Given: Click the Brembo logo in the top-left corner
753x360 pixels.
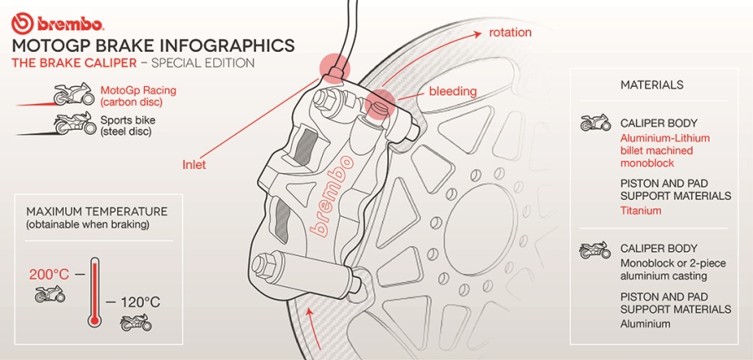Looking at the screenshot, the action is (58, 23).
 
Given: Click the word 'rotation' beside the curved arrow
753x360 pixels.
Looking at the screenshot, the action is (510, 32).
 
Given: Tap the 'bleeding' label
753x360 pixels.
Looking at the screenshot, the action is (453, 91).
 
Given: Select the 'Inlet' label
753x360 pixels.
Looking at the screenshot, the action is (194, 164).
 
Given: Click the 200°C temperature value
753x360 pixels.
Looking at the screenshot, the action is (49, 275).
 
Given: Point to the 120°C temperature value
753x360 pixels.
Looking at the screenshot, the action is (140, 302).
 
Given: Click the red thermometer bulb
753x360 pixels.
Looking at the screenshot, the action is (94, 320).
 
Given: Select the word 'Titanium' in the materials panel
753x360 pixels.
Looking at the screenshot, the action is (641, 210).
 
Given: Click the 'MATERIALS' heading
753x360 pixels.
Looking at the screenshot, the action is (652, 85).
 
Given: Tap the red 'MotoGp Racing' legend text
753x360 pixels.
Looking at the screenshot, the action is (138, 90).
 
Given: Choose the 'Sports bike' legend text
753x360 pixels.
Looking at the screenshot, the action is (128, 120).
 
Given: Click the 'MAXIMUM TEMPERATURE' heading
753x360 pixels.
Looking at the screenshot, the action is (97, 212).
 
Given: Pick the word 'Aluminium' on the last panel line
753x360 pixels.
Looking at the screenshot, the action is (645, 323).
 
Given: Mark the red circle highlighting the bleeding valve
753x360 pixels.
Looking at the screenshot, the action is (380, 103).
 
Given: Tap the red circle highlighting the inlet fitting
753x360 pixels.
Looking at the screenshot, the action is (334, 69).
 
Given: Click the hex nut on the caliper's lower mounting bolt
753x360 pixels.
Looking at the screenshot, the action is (259, 264).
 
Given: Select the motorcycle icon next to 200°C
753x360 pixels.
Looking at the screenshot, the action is (50, 293).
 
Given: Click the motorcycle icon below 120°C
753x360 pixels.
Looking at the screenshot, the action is (136, 322).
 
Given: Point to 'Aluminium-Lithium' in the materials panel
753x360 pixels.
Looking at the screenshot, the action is (664, 138).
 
